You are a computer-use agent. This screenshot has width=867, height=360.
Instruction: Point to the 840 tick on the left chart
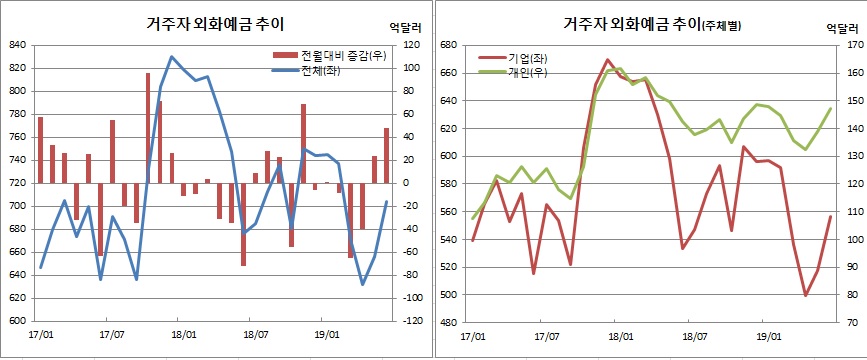coord(19,45)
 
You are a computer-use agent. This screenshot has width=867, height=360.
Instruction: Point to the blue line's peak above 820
coord(171,57)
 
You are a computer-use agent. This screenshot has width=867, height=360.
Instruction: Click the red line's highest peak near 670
coord(608,60)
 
